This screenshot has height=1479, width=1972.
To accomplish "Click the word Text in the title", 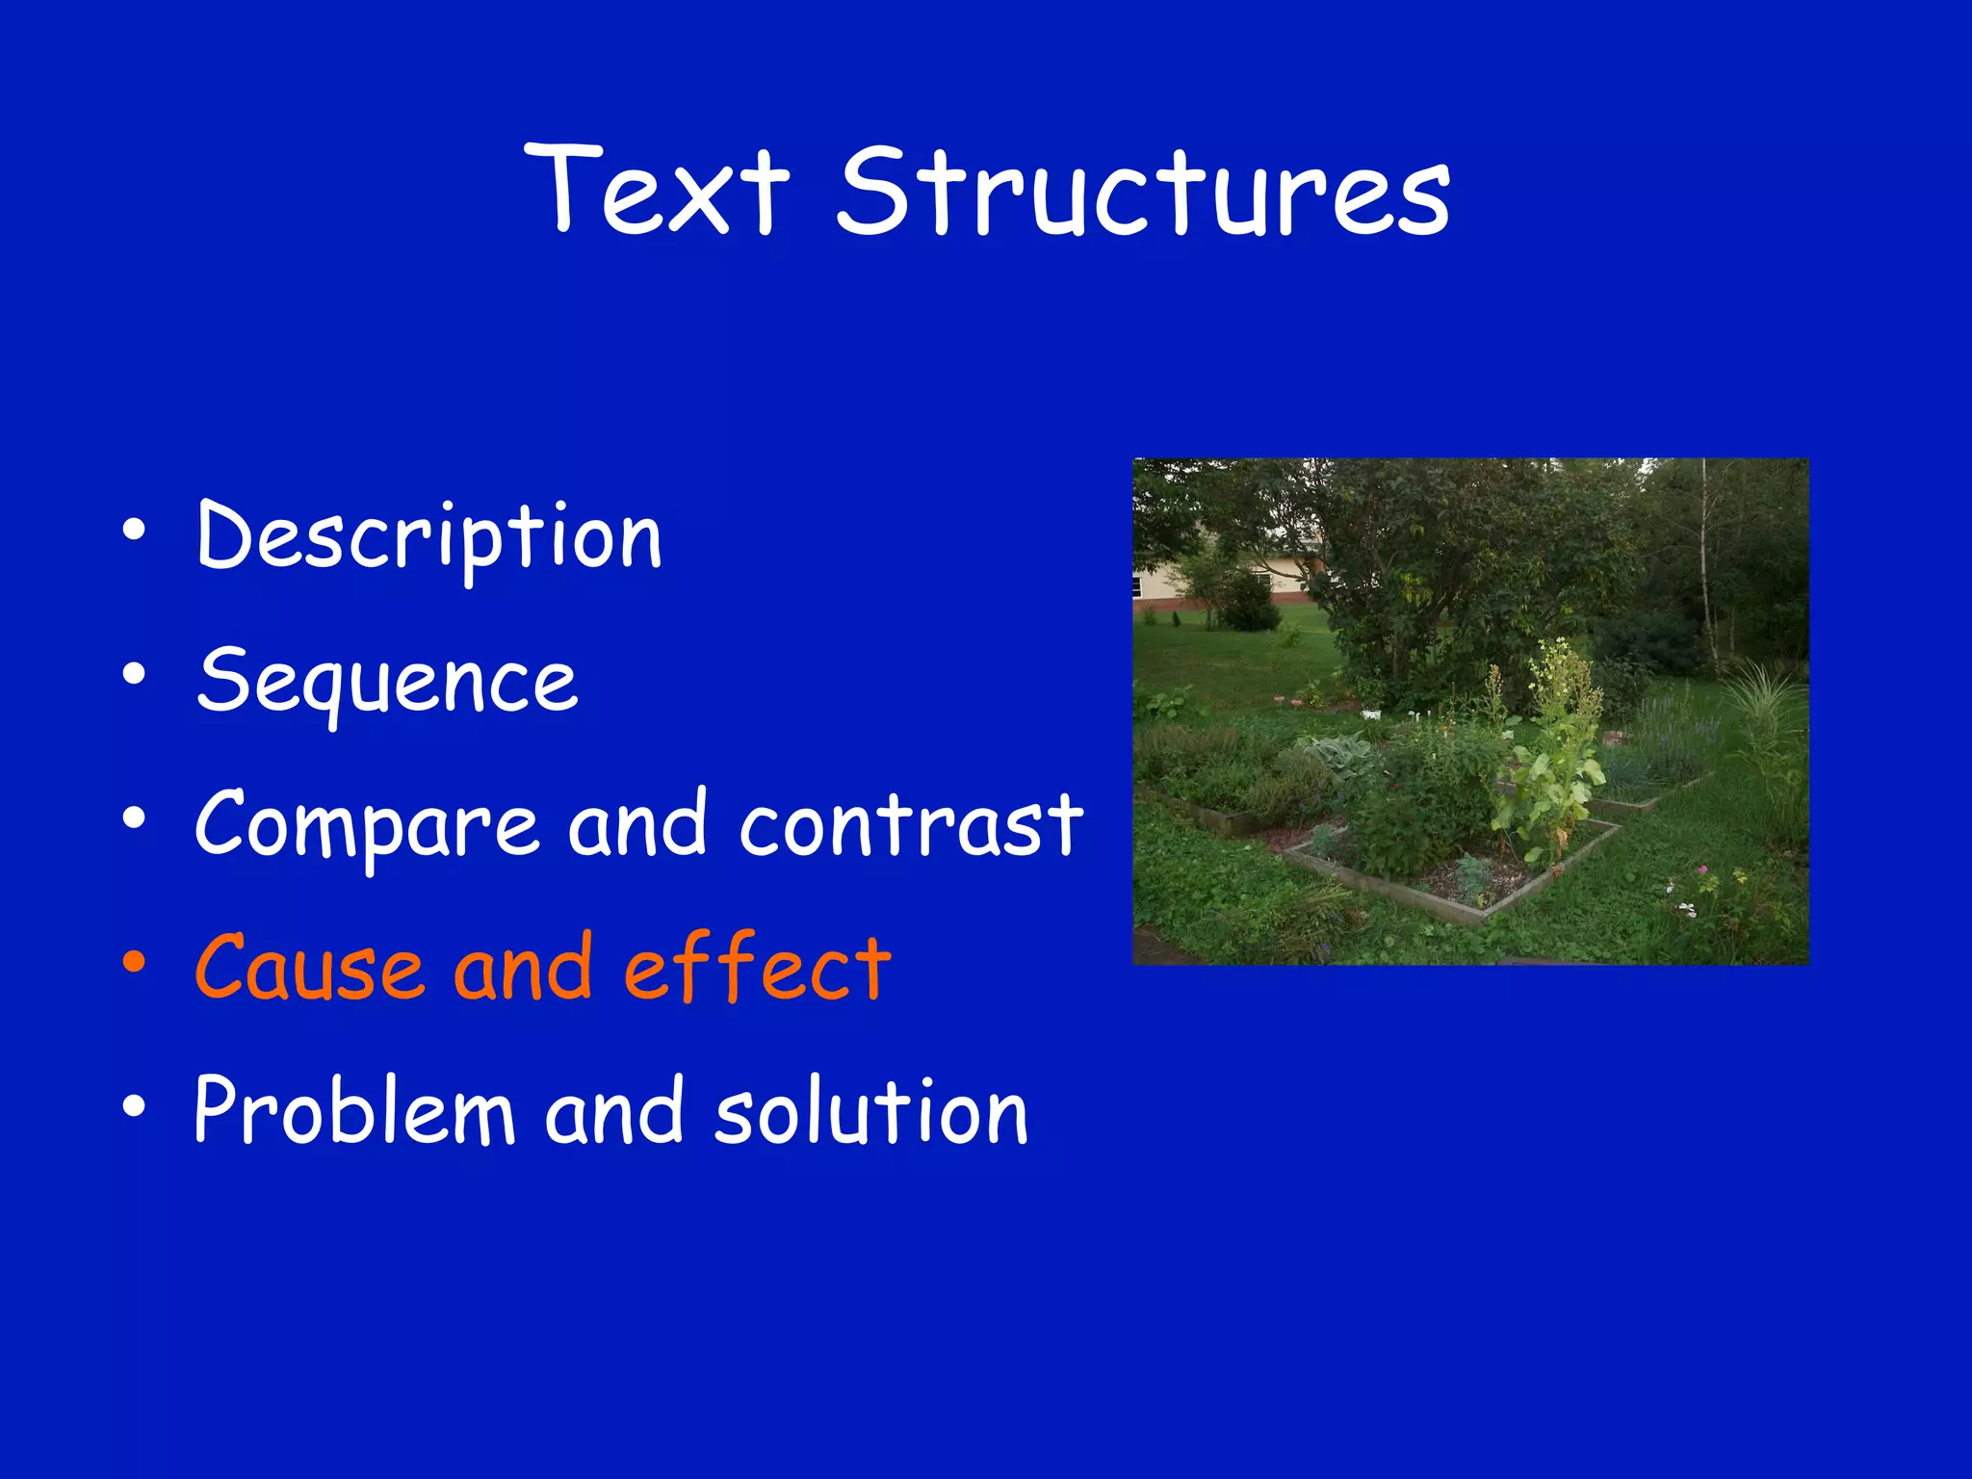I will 657,190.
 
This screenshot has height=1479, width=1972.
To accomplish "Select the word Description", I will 429,536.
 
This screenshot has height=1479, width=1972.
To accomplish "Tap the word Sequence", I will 387,681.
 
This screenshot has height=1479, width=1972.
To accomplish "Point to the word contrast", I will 911,825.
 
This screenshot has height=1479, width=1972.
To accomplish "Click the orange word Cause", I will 308,968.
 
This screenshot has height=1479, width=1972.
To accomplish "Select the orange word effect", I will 758,968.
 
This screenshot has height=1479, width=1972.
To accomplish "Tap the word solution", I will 871,1112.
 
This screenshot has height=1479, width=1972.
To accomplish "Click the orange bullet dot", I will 134,961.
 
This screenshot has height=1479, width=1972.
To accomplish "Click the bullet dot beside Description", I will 134,529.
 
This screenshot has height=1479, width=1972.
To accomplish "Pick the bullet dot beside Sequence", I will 134,673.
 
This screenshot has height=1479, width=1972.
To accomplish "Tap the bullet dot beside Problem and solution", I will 134,1105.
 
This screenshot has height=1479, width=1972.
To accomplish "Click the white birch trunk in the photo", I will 1705,568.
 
